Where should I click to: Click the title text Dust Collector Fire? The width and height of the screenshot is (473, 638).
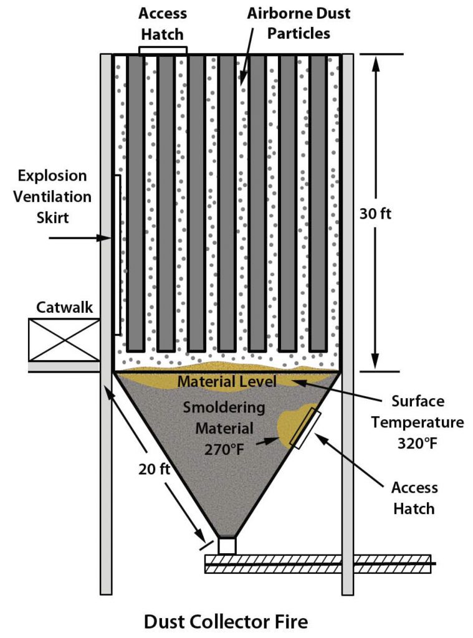[226, 621]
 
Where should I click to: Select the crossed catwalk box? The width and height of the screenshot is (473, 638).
[64, 340]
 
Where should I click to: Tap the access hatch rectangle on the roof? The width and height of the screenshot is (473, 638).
[163, 50]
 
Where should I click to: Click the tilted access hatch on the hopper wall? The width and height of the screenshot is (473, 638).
[306, 430]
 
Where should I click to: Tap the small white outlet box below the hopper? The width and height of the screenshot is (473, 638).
[227, 545]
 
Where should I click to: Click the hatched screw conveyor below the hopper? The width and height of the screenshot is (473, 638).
[317, 564]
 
